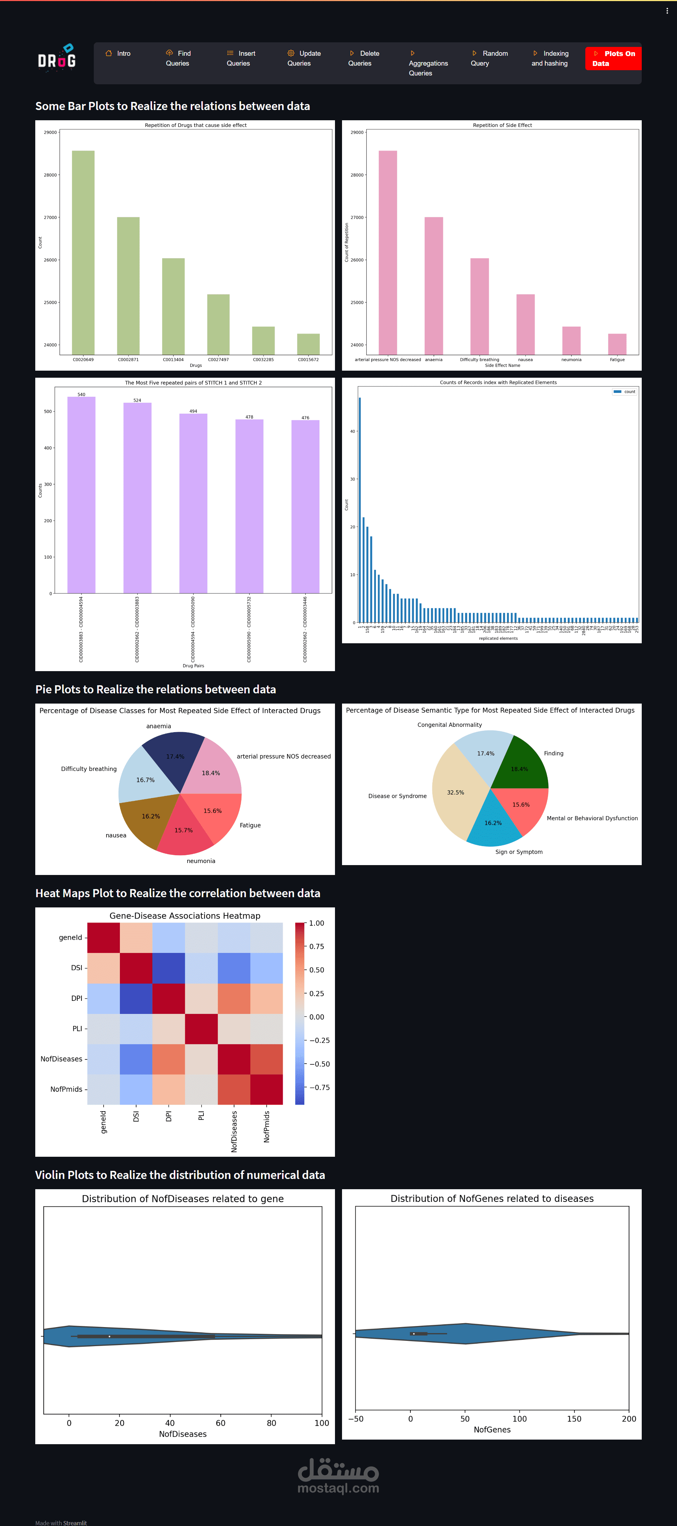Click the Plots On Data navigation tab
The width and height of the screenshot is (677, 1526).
(613, 59)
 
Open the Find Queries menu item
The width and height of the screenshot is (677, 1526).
(178, 59)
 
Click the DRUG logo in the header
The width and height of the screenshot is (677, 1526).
(57, 58)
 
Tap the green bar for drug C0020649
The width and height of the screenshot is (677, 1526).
(83, 252)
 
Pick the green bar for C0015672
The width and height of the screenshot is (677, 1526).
(308, 344)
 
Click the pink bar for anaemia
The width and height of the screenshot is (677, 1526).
(434, 286)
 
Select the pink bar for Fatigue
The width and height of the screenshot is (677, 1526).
(617, 344)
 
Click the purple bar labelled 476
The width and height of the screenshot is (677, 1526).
(305, 506)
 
